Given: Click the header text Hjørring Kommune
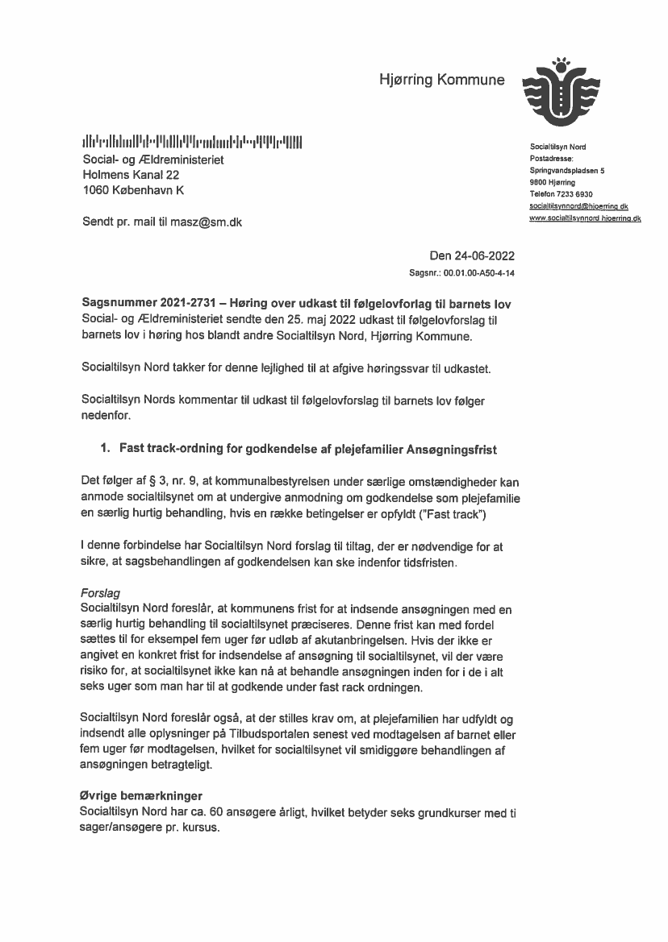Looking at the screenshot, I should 442,80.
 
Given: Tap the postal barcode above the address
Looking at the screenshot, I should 193,143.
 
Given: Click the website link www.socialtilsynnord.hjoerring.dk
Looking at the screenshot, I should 585,218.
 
